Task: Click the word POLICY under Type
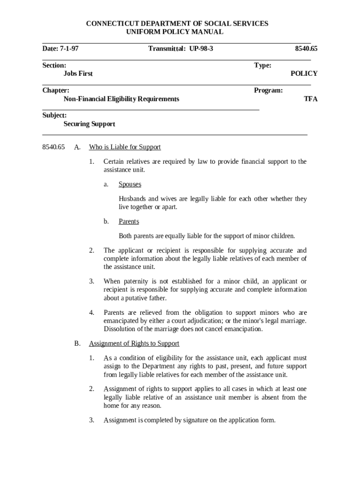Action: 304,73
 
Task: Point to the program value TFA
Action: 311,99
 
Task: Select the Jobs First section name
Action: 78,73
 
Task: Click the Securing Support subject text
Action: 89,124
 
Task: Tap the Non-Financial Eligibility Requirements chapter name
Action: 121,99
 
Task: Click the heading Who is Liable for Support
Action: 125,147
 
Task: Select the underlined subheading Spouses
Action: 130,184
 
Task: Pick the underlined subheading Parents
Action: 129,221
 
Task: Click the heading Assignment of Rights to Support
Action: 134,343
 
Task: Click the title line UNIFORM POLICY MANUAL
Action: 175,32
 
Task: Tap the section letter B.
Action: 77,343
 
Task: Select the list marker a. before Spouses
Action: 106,184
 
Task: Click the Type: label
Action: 263,65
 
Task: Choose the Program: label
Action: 268,90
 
